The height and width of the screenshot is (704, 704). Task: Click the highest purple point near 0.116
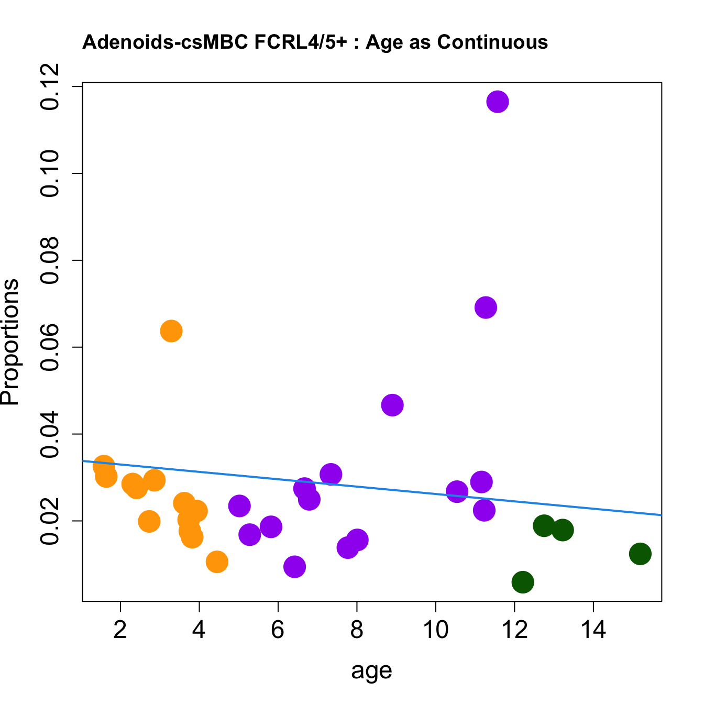point(497,102)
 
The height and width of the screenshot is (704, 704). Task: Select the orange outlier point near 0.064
point(171,331)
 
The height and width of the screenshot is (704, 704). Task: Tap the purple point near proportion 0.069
point(486,307)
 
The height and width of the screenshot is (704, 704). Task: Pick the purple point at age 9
point(392,405)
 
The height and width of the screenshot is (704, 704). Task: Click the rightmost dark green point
point(640,554)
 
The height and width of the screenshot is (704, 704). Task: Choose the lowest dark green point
point(523,582)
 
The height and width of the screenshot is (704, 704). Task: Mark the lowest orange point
point(217,562)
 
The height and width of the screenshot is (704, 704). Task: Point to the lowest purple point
point(294,567)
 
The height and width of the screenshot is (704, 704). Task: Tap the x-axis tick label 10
point(436,630)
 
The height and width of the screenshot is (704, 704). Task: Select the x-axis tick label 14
point(593,630)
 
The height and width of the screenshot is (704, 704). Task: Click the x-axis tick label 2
point(120,630)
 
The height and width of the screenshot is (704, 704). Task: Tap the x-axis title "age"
point(371,670)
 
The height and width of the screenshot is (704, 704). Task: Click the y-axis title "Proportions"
point(10,342)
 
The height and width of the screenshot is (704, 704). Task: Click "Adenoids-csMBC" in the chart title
point(165,42)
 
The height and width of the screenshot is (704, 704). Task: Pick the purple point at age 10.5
point(457,491)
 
